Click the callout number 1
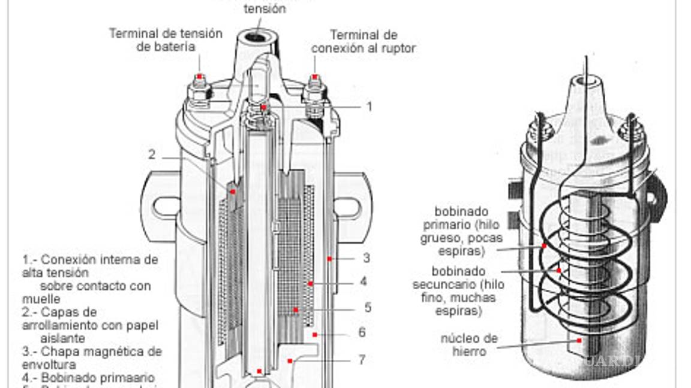(369, 107)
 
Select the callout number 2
(152, 154)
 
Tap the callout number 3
(366, 259)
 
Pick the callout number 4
(364, 281)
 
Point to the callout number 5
(368, 308)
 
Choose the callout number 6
(362, 333)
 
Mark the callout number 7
(362, 360)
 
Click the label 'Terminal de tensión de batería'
(165, 40)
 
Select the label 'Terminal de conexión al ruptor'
(363, 42)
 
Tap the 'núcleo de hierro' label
(469, 345)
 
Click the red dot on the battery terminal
(199, 77)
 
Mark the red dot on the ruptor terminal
(314, 77)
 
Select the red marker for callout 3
(329, 259)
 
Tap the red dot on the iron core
(579, 340)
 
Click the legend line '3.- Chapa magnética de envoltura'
(92, 358)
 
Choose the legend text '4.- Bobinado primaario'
(88, 378)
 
